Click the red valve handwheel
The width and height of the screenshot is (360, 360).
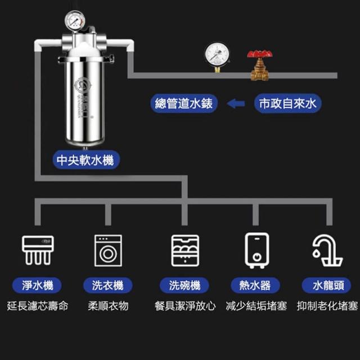pos(260,55)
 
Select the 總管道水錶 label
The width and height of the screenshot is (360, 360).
pos(185,103)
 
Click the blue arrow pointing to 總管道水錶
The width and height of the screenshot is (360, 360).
pos(236,103)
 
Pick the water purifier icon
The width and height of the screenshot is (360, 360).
pos(38,249)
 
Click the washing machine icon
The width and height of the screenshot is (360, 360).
pos(107,249)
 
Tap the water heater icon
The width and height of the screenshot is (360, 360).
pos(256,249)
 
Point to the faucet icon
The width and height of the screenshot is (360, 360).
pos(327,249)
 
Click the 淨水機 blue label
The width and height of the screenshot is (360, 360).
pos(38,285)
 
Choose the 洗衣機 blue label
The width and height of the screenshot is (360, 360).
pos(107,285)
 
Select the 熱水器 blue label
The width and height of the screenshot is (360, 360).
pos(256,285)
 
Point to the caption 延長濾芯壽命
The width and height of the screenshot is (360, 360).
pos(38,307)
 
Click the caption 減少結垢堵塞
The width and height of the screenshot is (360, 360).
pos(256,307)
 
